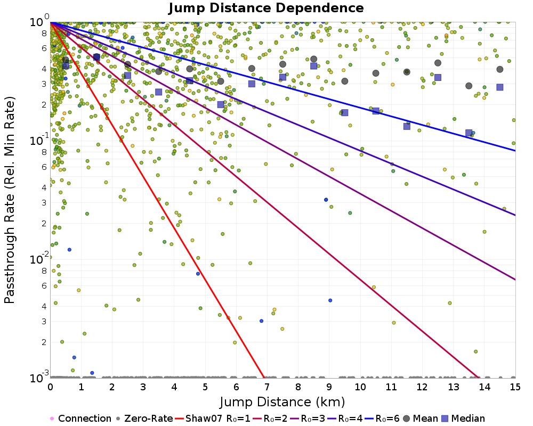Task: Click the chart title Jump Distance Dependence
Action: click(x=266, y=8)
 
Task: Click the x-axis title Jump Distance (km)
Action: click(x=282, y=401)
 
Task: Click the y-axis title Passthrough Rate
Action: click(x=10, y=200)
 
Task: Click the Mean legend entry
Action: click(x=423, y=419)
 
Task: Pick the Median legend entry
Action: click(x=465, y=419)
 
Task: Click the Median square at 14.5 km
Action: click(x=500, y=87)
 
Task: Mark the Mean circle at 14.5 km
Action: click(x=500, y=69)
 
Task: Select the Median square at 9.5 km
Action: click(x=345, y=112)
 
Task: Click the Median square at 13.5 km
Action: click(x=469, y=133)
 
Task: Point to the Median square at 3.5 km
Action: click(x=159, y=92)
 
